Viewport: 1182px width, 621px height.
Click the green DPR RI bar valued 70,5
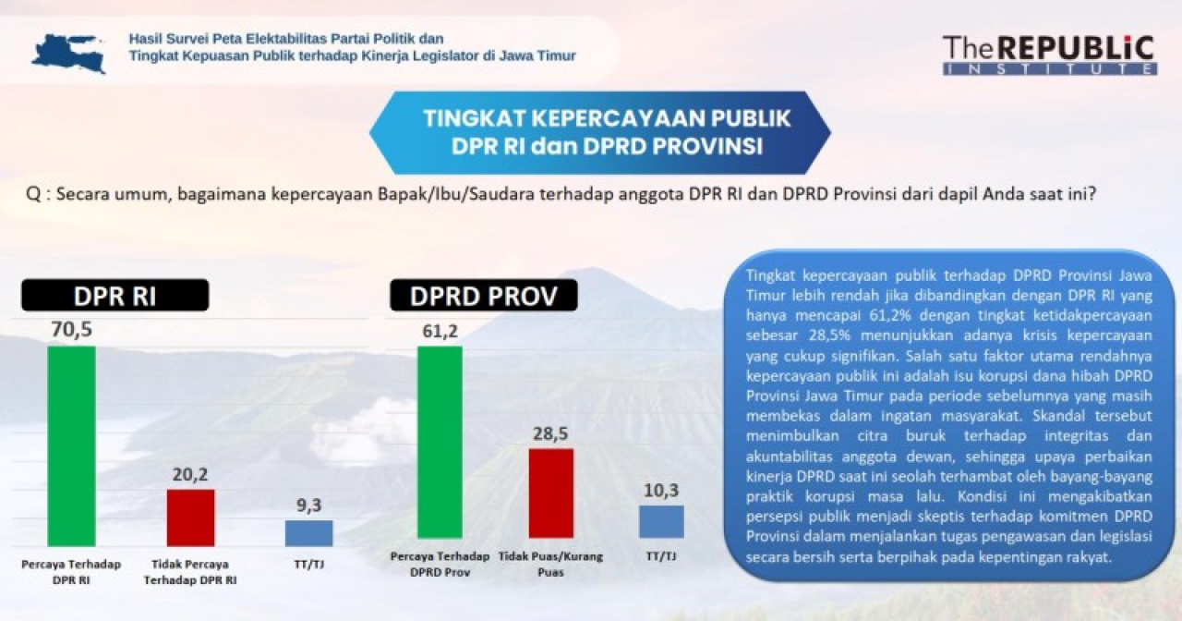[71, 445]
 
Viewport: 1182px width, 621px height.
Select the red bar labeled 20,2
[190, 517]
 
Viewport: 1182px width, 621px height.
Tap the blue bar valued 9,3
[308, 533]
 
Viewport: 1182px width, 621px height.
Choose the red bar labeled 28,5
[550, 493]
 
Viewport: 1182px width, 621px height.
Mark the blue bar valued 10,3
[661, 521]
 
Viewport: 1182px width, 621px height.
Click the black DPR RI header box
[115, 295]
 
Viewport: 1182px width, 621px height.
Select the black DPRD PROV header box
[483, 295]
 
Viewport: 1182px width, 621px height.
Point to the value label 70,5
[71, 329]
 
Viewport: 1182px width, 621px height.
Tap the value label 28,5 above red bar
[550, 432]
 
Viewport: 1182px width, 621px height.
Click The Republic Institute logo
[1049, 55]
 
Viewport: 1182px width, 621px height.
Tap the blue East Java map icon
[69, 52]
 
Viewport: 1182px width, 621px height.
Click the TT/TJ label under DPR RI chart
[308, 564]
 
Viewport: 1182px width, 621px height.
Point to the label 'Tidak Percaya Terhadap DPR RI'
[190, 571]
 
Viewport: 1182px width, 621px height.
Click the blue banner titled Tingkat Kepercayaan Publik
[600, 132]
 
